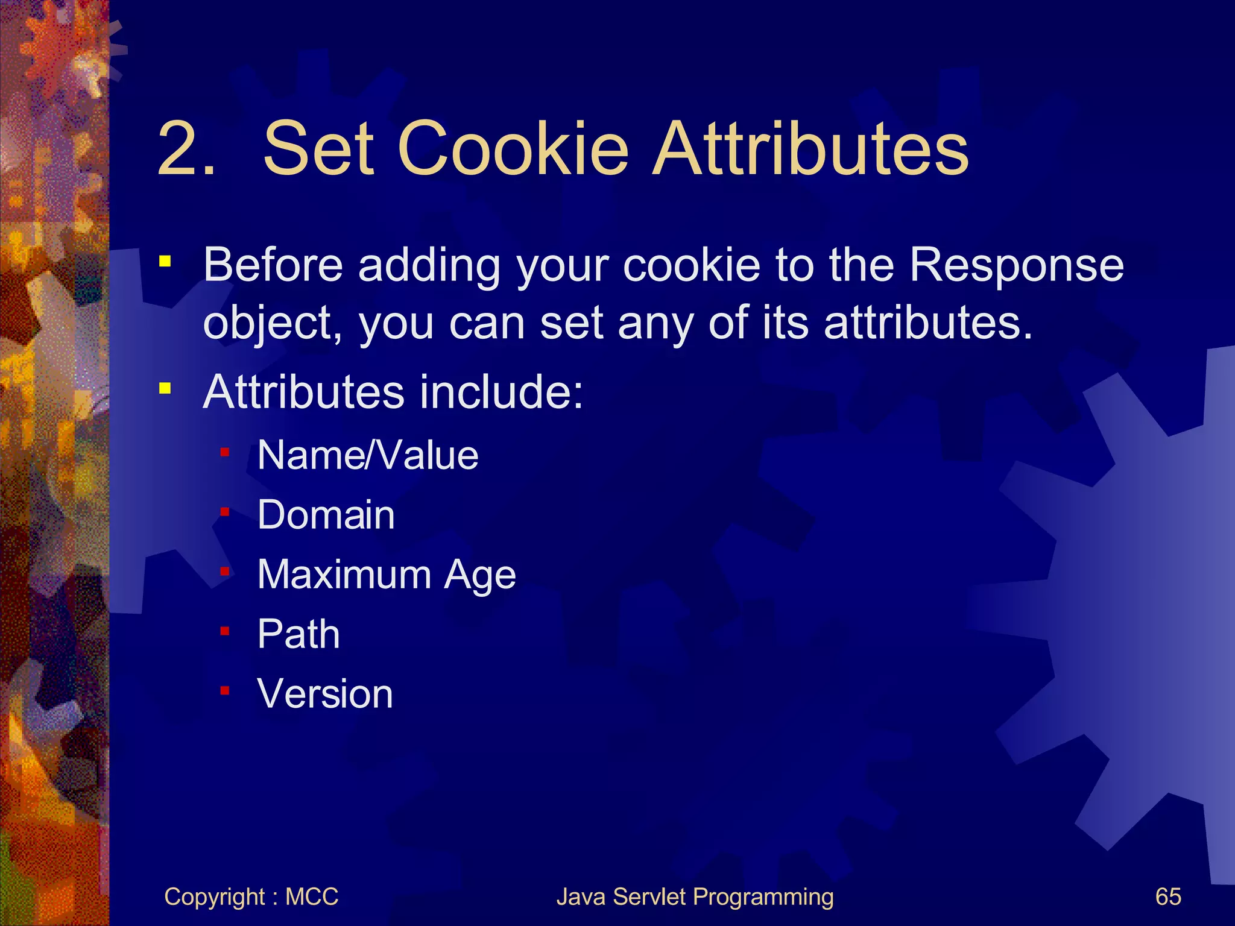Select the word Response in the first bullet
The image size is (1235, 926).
pos(1016,266)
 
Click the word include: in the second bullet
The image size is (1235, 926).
pos(501,392)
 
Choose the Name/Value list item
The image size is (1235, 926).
pos(368,455)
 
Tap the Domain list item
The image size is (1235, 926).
pos(326,515)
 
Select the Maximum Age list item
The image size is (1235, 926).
pos(387,575)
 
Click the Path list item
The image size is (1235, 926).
pos(298,634)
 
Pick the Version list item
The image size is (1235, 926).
pos(325,694)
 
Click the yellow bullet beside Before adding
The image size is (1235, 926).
pos(165,262)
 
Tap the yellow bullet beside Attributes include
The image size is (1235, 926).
pos(165,389)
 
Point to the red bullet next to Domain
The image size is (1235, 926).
pos(225,512)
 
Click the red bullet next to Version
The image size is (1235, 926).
pos(225,691)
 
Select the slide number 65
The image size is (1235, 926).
pos(1167,896)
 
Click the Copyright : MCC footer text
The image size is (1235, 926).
pos(251,896)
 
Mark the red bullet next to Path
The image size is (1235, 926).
pos(225,631)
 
